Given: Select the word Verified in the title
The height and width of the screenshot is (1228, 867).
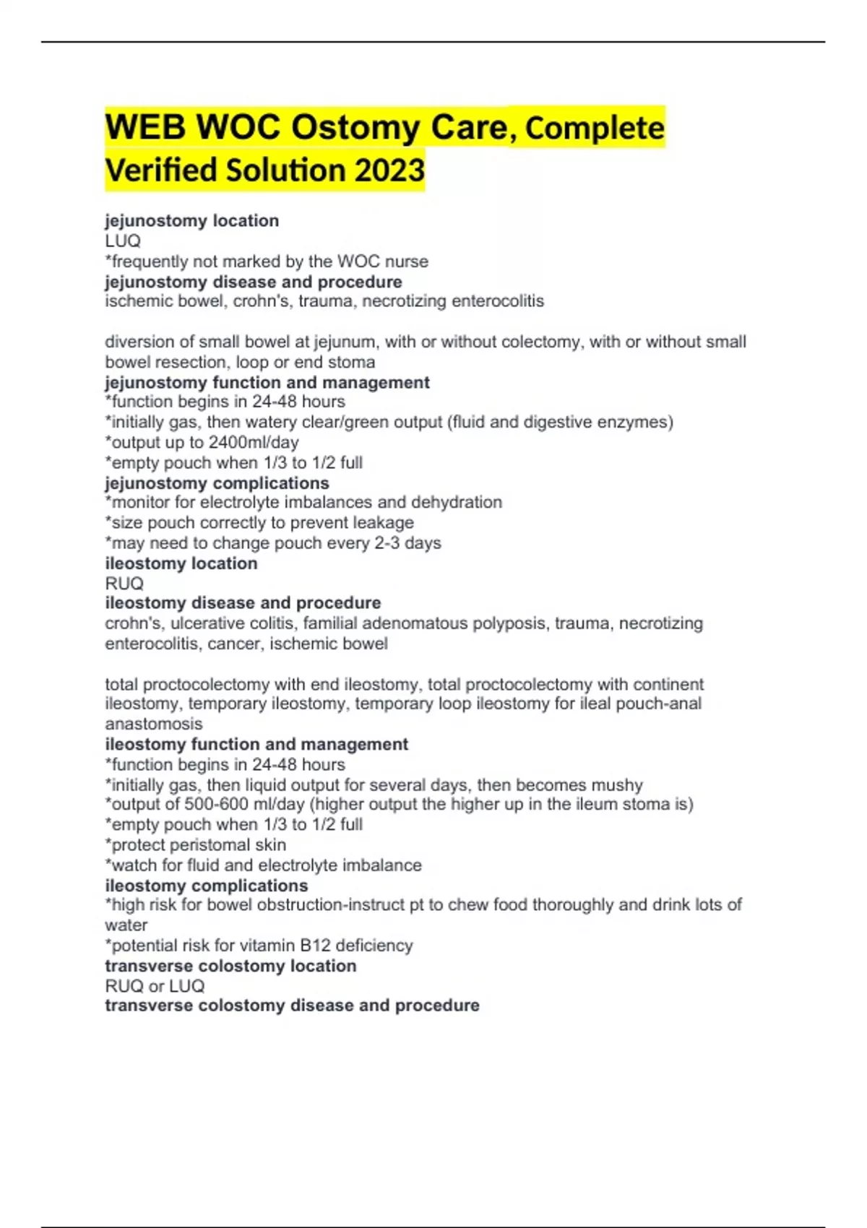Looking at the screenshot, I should click(x=161, y=170).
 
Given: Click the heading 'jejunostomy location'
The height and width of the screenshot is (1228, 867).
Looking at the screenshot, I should click(x=191, y=220).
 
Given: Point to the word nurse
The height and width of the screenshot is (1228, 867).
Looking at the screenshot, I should click(x=407, y=261).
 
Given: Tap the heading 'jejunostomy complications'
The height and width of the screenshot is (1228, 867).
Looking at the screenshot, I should click(x=217, y=483).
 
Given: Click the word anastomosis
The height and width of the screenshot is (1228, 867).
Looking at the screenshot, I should click(x=153, y=724).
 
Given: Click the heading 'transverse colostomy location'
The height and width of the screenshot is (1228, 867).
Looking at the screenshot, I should click(x=230, y=966).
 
